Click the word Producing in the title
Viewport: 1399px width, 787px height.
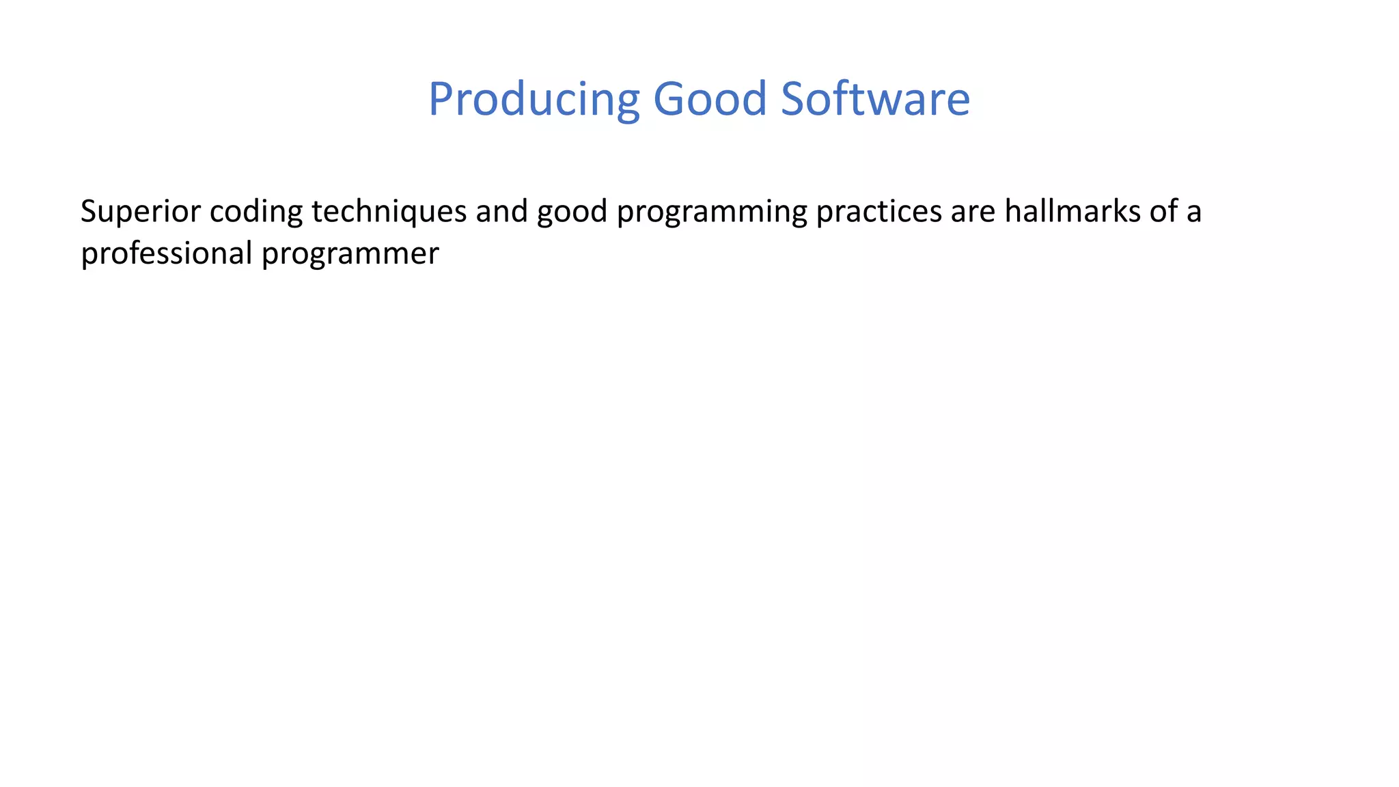click(x=534, y=100)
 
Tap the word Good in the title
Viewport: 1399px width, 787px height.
click(x=710, y=100)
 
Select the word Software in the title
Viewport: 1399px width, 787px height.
click(x=875, y=100)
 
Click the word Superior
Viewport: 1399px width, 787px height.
click(x=140, y=212)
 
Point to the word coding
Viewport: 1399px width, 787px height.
click(x=255, y=212)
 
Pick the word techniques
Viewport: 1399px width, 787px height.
click(x=389, y=212)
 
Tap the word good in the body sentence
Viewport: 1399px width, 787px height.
click(x=572, y=212)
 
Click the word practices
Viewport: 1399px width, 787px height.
click(x=878, y=212)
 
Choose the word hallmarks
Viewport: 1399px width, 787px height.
click(x=1072, y=212)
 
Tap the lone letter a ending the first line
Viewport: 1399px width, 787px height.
click(x=1193, y=213)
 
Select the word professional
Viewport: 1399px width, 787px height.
click(x=166, y=254)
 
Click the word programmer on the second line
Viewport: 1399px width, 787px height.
click(x=350, y=254)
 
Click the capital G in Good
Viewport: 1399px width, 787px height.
click(x=668, y=100)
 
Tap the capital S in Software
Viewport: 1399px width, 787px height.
click(x=794, y=100)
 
